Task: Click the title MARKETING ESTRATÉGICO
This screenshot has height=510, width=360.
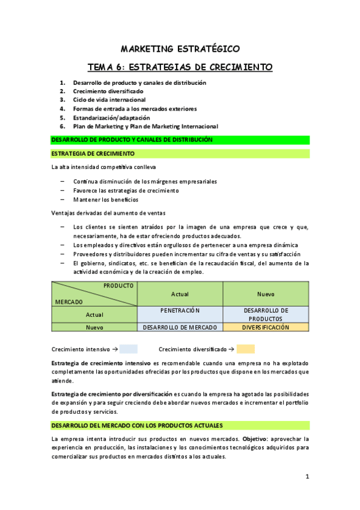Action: pyautogui.click(x=180, y=48)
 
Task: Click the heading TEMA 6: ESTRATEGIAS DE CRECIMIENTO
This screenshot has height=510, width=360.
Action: pyautogui.click(x=180, y=66)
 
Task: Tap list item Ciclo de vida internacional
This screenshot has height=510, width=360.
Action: pyautogui.click(x=109, y=100)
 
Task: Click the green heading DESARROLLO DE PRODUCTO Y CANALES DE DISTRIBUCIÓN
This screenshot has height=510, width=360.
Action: pyautogui.click(x=132, y=140)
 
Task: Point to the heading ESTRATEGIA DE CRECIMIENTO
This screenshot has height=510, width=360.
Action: pyautogui.click(x=93, y=154)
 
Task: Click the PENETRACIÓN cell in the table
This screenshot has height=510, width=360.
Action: pyautogui.click(x=180, y=310)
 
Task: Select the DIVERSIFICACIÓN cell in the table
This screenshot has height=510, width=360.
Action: pyautogui.click(x=266, y=328)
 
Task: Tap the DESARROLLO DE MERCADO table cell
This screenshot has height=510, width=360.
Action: pyautogui.click(x=180, y=328)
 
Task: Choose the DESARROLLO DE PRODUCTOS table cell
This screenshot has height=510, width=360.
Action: pyautogui.click(x=266, y=314)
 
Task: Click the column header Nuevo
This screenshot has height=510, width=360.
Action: pyautogui.click(x=266, y=294)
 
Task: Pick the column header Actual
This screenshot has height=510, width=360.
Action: pyautogui.click(x=180, y=294)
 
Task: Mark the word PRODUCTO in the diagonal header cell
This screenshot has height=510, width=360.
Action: pyautogui.click(x=118, y=286)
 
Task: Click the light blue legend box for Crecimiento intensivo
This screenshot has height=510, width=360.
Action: pyautogui.click(x=128, y=349)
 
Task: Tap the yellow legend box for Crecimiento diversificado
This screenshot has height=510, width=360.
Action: pyautogui.click(x=245, y=349)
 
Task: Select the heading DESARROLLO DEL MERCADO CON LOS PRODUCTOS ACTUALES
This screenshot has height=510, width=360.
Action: pyautogui.click(x=137, y=425)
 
